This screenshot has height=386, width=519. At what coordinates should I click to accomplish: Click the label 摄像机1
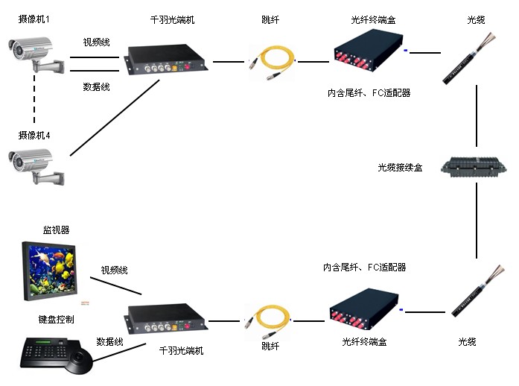pyautogui.click(x=34, y=19)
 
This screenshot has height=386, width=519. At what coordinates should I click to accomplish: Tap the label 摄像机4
pyautogui.click(x=34, y=135)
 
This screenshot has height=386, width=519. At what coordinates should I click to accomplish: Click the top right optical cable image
pyautogui.click(x=462, y=60)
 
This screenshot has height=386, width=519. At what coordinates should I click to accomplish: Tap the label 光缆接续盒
pyautogui.click(x=400, y=168)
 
